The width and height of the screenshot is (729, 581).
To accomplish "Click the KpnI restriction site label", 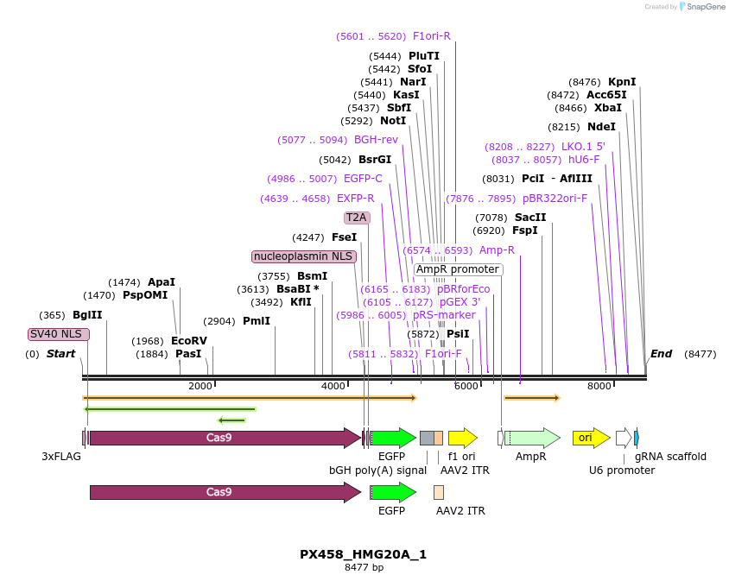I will [x=622, y=82].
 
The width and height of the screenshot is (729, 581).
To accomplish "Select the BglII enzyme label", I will [x=87, y=315].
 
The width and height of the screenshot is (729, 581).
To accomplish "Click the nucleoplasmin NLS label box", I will [x=303, y=256].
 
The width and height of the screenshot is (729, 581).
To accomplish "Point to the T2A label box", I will [x=357, y=218].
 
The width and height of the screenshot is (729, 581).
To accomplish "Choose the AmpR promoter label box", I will [x=457, y=269].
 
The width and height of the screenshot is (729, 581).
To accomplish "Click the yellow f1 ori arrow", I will [x=462, y=438].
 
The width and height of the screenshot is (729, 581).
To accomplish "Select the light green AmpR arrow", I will [x=531, y=438].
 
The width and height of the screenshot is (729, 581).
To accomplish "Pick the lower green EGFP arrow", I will [x=393, y=492].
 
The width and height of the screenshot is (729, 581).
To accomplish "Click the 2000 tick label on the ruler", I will [x=200, y=386].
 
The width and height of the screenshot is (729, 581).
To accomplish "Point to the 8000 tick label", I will [x=599, y=386].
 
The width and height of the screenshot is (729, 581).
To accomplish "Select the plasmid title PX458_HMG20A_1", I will [x=364, y=554].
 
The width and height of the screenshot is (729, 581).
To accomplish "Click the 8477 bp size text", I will [x=364, y=567].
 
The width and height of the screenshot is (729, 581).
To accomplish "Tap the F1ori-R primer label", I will [x=431, y=36].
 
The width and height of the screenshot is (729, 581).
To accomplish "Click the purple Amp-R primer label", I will [x=497, y=250].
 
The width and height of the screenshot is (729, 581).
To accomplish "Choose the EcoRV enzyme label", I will [x=189, y=341].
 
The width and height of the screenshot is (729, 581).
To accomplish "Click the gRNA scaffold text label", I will [x=670, y=457].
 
